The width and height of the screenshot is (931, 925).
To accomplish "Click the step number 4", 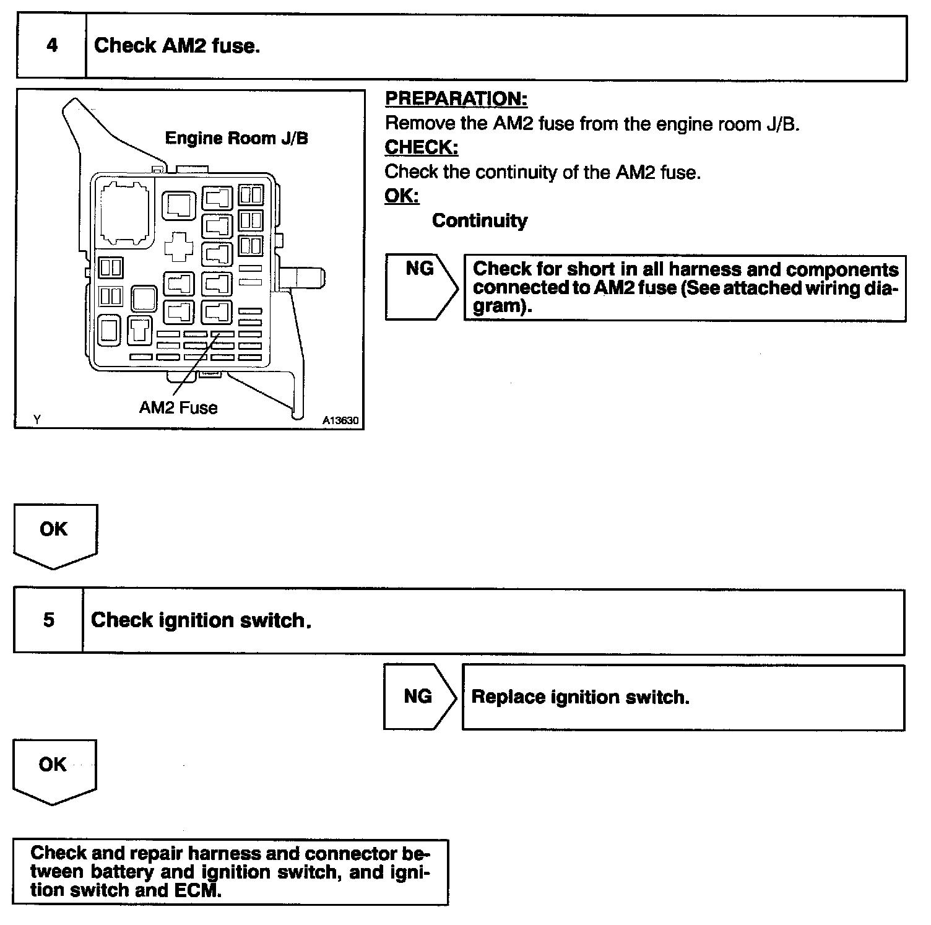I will pyautogui.click(x=52, y=46).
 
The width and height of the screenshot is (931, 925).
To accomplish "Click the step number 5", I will pyautogui.click(x=49, y=620).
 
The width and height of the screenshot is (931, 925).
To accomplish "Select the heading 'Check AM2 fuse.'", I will pyautogui.click(x=177, y=46).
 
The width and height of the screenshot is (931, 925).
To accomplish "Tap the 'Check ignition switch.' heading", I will pyautogui.click(x=201, y=620).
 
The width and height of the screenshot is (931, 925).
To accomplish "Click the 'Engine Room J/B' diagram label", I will pyautogui.click(x=236, y=138).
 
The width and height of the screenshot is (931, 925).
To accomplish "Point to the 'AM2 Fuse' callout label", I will pyautogui.click(x=178, y=407).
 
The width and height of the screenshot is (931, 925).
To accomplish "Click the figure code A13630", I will pyautogui.click(x=340, y=420).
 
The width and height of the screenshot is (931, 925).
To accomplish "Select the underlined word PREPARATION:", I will pyautogui.click(x=456, y=98).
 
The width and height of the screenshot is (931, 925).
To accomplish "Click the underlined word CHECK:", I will pyautogui.click(x=422, y=147).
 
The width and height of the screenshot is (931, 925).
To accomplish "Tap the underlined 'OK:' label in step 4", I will pyautogui.click(x=402, y=196).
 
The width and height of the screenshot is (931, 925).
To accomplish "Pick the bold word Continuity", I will pyautogui.click(x=480, y=220).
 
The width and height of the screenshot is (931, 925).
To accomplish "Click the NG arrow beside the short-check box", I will pyautogui.click(x=420, y=285).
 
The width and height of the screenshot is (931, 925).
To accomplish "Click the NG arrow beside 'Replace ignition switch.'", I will pyautogui.click(x=419, y=697).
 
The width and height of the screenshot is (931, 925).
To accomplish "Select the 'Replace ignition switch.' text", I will pyautogui.click(x=580, y=697).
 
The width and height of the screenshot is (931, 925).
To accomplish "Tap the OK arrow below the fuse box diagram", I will pyautogui.click(x=54, y=534).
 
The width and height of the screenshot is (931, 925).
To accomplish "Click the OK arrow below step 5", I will pyautogui.click(x=53, y=770).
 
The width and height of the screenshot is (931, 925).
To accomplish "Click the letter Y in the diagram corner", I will pyautogui.click(x=37, y=420).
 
